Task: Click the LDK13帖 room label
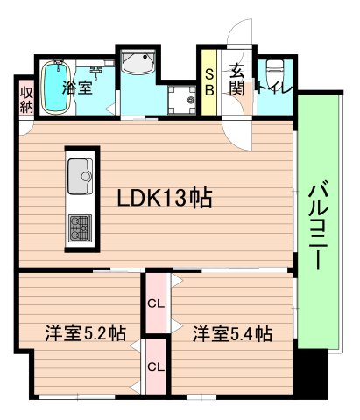165,199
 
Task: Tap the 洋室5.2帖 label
85,333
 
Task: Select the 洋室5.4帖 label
232,333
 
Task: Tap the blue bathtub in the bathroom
55,87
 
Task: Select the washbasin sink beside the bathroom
138,63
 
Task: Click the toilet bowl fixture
274,70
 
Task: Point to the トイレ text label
274,87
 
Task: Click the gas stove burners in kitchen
81,229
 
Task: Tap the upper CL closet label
156,304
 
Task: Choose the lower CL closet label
156,367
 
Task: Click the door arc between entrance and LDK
235,131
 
